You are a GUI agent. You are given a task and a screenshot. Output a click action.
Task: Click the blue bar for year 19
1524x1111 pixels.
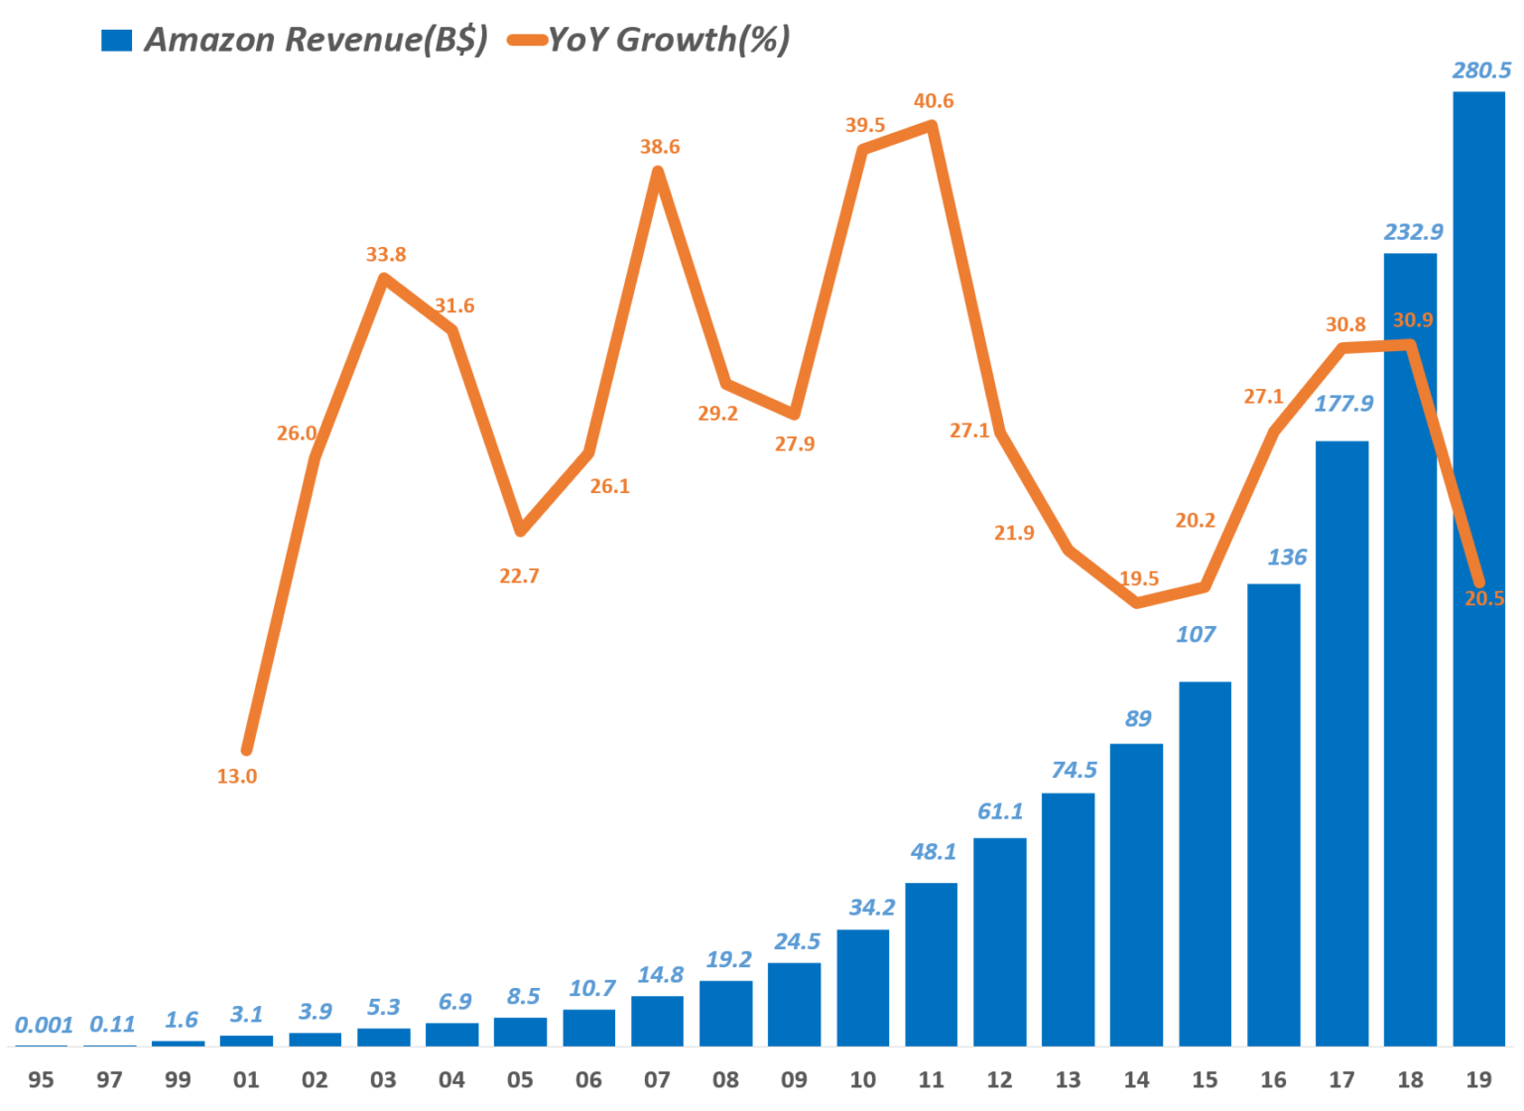1479,568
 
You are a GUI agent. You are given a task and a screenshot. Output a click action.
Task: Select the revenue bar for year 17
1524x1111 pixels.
1342,744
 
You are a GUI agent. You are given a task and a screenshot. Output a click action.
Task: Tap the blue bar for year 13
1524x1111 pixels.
1069,920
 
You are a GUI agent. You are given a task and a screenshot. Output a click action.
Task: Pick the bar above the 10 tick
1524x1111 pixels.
862,988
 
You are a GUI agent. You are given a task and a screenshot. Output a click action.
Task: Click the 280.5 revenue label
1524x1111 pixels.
1481,70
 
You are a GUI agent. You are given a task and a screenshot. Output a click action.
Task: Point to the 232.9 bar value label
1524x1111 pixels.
1413,232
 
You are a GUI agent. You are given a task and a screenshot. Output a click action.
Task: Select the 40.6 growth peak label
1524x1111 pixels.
934,101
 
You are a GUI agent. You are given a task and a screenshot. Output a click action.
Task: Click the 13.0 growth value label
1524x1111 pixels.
237,777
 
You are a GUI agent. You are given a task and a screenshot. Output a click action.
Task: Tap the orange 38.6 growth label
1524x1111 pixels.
659,146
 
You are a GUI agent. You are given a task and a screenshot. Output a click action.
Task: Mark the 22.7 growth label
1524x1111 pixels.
519,576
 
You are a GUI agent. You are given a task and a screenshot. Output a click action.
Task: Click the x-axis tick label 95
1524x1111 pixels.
41,1079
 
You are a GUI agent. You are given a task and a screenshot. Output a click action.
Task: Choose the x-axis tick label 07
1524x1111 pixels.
657,1079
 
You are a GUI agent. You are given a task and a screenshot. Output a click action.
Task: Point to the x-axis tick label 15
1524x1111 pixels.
1205,1079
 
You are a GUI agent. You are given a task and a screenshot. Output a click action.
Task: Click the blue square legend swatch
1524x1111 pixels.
116,40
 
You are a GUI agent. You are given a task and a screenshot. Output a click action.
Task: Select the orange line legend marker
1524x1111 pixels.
528,40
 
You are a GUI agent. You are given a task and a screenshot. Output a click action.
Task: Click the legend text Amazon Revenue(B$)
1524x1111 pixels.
317,40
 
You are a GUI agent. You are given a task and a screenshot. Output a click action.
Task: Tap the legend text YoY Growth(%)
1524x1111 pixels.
670,40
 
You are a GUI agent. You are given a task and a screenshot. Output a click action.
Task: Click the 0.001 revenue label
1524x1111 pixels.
44,1025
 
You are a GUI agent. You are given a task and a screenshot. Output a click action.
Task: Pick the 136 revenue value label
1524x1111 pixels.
1287,557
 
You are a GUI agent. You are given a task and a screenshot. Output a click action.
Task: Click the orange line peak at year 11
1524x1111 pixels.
933,125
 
